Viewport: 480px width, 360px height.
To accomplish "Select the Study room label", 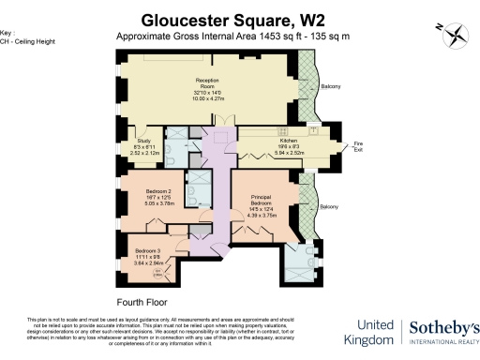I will click(143, 139).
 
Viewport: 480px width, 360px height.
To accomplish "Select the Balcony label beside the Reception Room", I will click(331, 86).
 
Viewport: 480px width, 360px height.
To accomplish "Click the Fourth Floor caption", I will click(141, 302).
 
